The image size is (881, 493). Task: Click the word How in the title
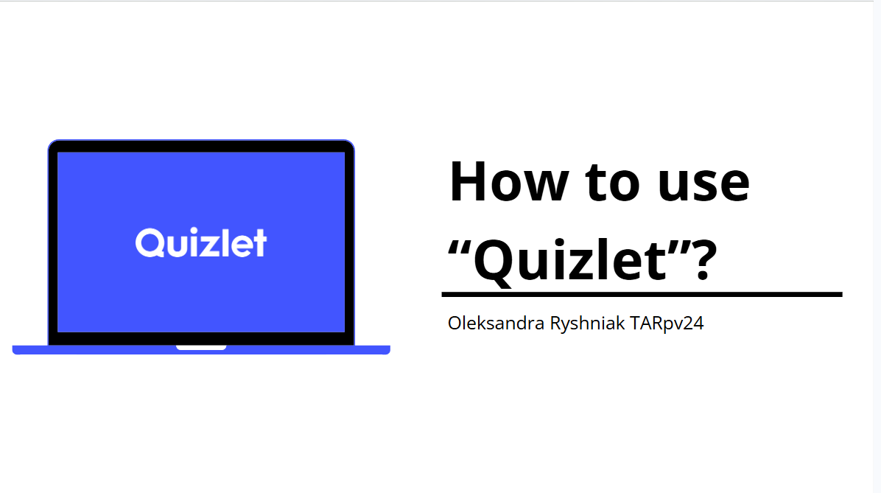[x=509, y=181]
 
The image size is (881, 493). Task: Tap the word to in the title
[x=612, y=183]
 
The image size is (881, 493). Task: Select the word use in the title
[x=703, y=186]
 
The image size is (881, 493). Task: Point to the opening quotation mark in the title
[x=458, y=248]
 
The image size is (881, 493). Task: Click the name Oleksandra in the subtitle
[x=496, y=324]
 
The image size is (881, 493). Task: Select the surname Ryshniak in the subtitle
[x=587, y=324]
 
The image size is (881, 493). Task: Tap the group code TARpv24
[x=667, y=324]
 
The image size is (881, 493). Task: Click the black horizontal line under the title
[x=642, y=294]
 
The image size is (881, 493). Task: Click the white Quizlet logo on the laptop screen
[x=200, y=243]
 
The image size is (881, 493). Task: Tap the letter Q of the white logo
[x=149, y=243]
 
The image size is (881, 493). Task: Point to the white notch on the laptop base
[x=201, y=347]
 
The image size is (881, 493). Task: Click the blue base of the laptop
[x=201, y=350]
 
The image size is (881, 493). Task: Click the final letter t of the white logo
[x=259, y=244]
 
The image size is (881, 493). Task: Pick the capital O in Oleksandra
[x=456, y=324]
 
